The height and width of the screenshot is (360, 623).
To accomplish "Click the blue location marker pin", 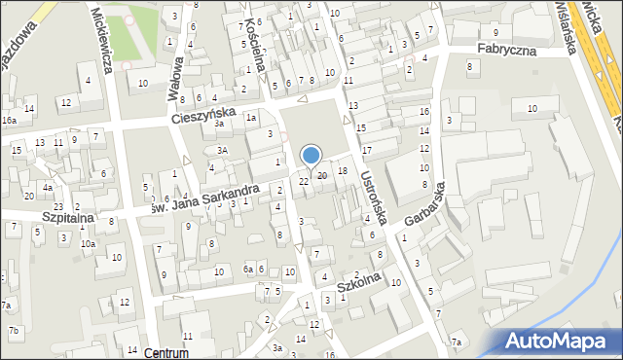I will (311, 156).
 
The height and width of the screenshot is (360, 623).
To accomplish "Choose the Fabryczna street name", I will (506, 48).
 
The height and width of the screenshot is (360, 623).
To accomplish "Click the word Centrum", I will (164, 352).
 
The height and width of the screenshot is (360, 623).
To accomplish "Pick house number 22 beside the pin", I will (304, 181).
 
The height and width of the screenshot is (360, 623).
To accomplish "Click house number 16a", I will (9, 120).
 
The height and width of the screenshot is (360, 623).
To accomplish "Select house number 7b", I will (14, 331).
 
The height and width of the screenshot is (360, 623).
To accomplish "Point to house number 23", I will (58, 206).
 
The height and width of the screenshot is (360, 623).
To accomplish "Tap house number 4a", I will (47, 187).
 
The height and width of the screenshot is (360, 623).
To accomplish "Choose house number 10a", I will (88, 243).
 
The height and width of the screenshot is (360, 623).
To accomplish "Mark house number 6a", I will (249, 269).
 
